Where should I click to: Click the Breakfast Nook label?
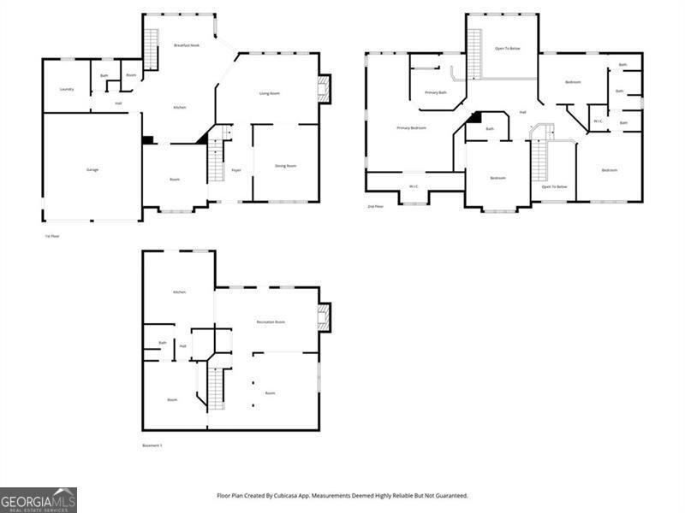point(186,45)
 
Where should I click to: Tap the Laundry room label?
point(66,89)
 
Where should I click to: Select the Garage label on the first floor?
point(92,169)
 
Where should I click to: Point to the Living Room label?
point(270,93)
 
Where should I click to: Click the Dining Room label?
point(285,166)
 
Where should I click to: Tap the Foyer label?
point(235,170)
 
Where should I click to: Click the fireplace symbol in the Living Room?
point(324,89)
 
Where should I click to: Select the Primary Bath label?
point(435,92)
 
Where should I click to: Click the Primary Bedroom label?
point(411,128)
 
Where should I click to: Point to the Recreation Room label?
point(271,321)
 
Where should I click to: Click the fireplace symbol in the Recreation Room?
point(324,318)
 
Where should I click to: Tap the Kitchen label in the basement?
point(179,292)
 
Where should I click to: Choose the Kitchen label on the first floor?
point(179,108)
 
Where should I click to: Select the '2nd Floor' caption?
point(375,207)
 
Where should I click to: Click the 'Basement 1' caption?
point(152,445)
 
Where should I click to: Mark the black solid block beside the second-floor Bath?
point(476,118)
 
